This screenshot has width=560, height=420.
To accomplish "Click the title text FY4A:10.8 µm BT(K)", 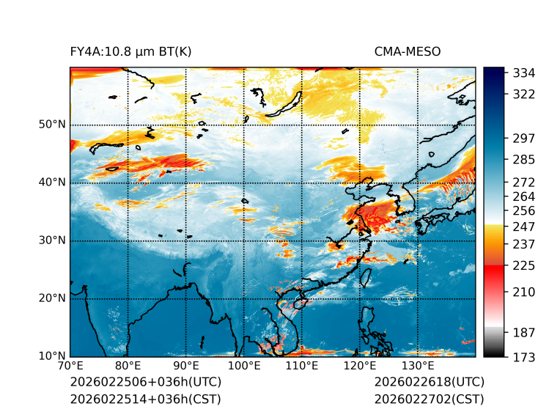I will (x=130, y=52).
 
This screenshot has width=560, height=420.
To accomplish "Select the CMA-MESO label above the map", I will (x=407, y=52).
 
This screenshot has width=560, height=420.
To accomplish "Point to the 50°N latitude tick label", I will (x=52, y=125).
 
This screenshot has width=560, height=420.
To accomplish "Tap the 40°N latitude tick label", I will (x=52, y=183).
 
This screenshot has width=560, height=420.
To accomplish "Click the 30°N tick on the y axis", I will (x=52, y=240).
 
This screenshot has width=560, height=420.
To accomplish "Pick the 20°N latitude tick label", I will (x=52, y=298).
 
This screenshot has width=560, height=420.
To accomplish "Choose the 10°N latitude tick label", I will (x=52, y=356).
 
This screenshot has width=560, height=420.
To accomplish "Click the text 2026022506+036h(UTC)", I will (x=145, y=383).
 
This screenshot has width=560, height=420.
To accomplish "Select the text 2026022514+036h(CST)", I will (x=145, y=399).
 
